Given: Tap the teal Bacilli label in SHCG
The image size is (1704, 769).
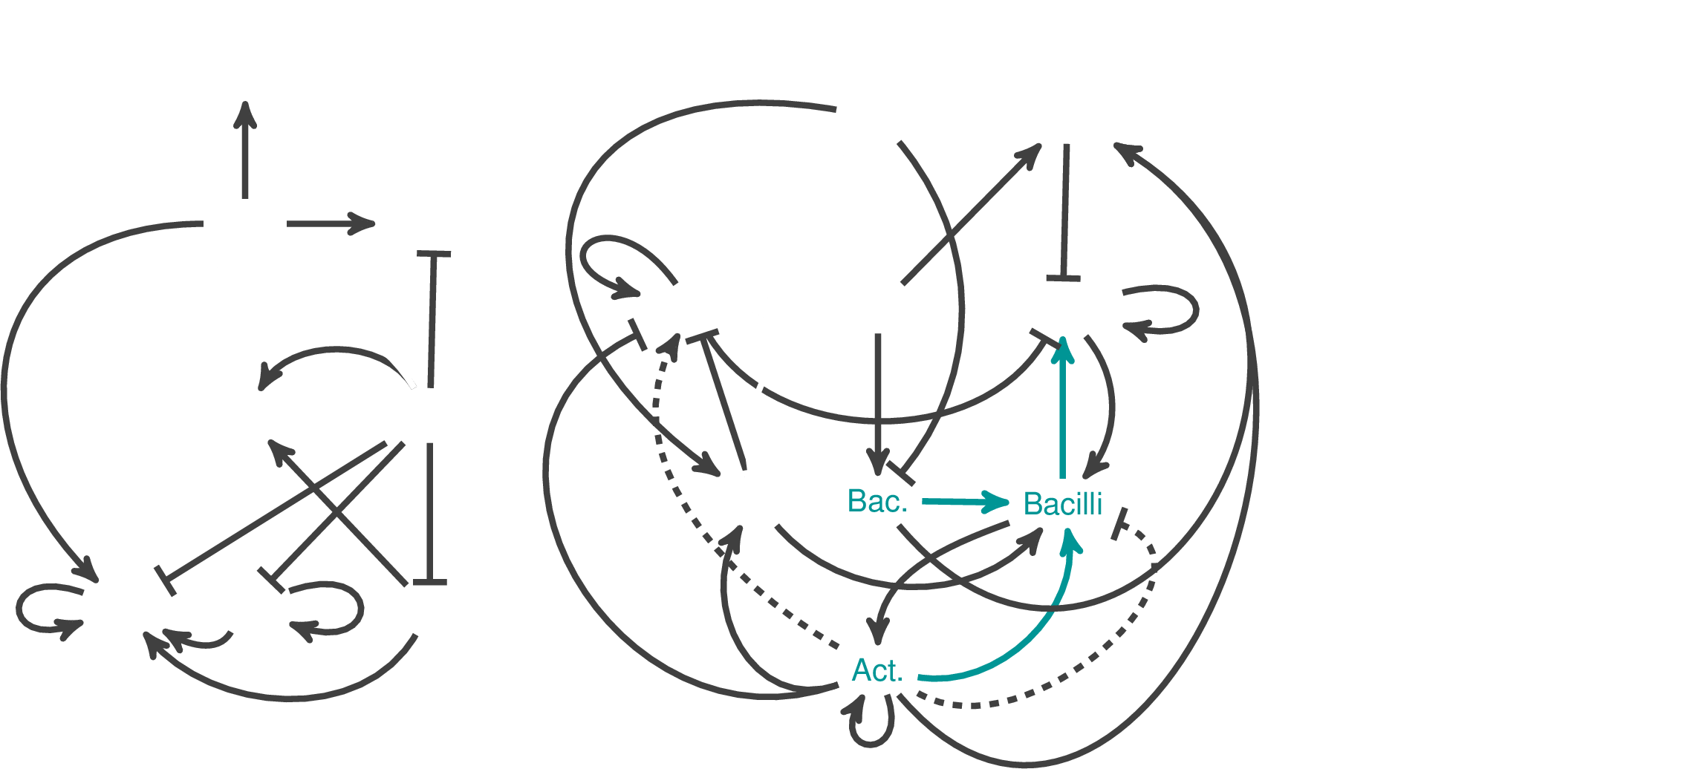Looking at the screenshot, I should pyautogui.click(x=1062, y=504).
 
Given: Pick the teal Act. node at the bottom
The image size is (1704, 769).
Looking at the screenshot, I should pyautogui.click(x=877, y=671).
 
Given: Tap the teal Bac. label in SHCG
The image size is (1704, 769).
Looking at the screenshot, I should pyautogui.click(x=877, y=503).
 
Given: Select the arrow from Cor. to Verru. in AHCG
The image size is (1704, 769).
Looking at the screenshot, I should pyautogui.click(x=245, y=152).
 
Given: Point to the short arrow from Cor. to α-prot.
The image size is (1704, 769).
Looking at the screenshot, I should pyautogui.click(x=331, y=223).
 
